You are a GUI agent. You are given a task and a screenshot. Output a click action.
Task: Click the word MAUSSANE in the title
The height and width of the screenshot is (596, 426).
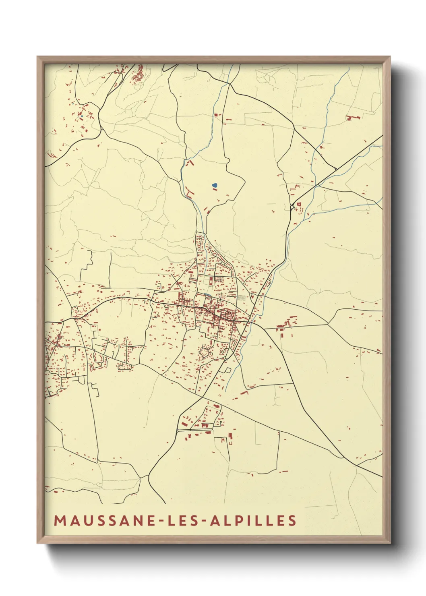[x=104, y=520]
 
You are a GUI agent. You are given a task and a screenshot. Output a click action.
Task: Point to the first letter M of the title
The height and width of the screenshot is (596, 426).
[x=60, y=520]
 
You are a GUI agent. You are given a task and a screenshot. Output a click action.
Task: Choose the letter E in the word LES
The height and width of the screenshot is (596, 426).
[x=180, y=520]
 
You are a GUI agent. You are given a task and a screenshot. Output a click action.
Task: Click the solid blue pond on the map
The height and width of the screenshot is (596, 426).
[x=215, y=186]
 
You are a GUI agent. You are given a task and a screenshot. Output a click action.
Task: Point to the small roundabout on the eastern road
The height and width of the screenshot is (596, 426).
[x=292, y=207]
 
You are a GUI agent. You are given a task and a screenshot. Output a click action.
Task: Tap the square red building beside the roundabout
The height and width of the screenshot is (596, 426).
[x=299, y=204]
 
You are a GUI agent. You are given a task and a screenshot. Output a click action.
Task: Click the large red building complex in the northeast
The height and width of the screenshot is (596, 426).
[x=353, y=117]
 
